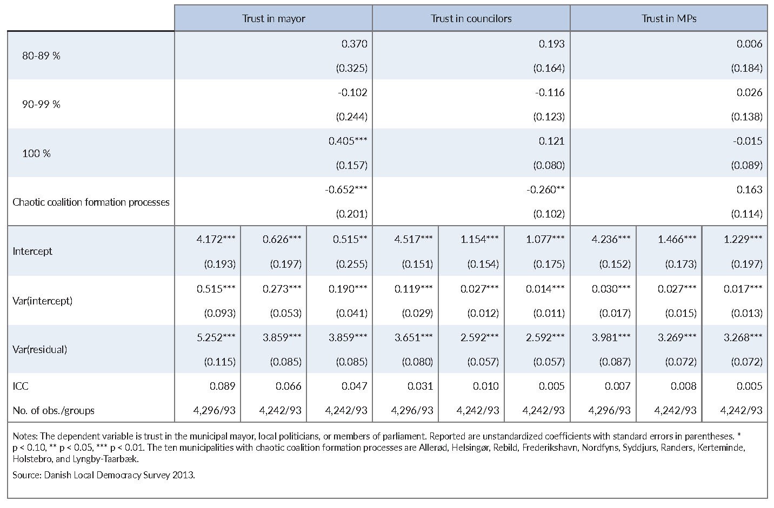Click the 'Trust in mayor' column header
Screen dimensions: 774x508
(x=273, y=19)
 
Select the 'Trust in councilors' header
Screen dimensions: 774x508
(x=471, y=19)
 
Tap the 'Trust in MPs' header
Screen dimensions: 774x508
(x=669, y=19)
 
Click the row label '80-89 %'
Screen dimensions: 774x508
(x=41, y=56)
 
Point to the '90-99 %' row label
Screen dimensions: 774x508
(x=41, y=104)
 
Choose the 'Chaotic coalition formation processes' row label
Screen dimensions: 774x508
(x=91, y=202)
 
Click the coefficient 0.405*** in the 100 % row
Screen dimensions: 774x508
(x=348, y=141)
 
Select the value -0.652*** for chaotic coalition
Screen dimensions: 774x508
(x=346, y=190)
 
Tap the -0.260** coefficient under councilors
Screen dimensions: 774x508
(x=545, y=190)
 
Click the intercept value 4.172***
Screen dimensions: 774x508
(x=216, y=239)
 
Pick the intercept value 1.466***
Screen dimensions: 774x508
(x=677, y=239)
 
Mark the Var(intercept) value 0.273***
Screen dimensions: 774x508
(x=282, y=289)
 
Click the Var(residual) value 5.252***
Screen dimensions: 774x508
(x=216, y=337)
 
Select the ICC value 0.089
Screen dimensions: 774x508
(x=223, y=386)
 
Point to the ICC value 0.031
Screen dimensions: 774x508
(x=420, y=386)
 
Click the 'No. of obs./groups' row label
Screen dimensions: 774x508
(x=54, y=411)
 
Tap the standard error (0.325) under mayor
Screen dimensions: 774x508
(x=352, y=69)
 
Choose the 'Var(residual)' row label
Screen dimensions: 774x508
(x=40, y=350)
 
